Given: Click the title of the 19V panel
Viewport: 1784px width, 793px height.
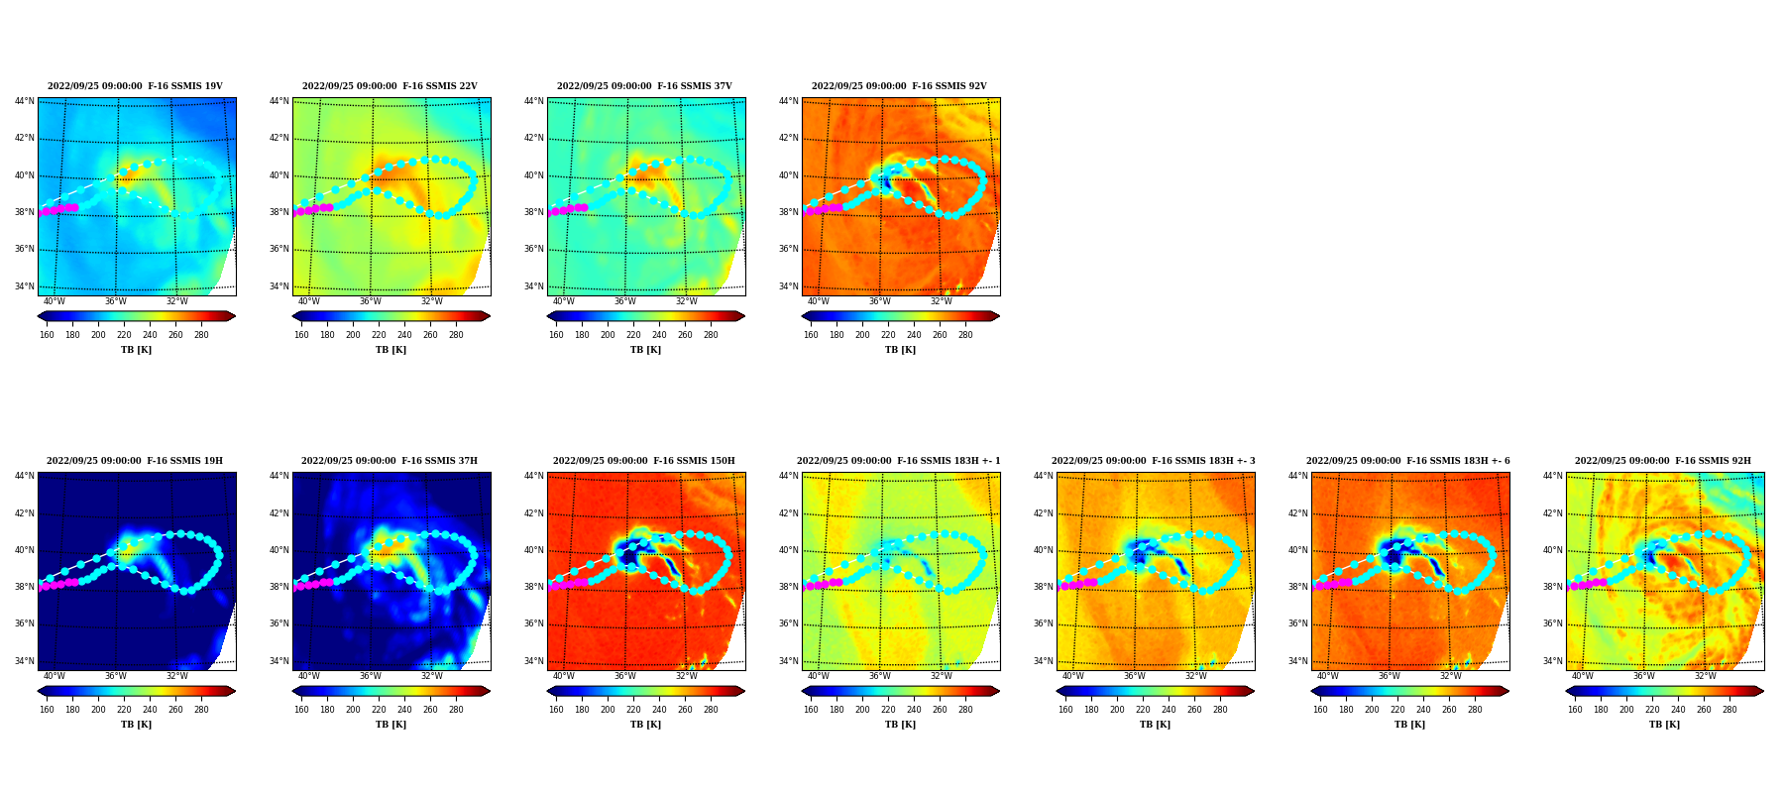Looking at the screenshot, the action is [x=135, y=86].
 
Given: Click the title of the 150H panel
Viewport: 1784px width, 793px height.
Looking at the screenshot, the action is [x=644, y=461].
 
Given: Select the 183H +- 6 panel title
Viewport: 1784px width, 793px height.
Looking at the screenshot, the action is [x=1408, y=461].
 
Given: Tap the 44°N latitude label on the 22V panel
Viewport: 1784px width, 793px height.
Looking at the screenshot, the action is [x=279, y=101].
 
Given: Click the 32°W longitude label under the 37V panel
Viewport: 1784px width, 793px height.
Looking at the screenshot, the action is [x=687, y=301].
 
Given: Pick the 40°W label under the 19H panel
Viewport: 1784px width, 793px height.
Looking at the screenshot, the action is [x=55, y=676].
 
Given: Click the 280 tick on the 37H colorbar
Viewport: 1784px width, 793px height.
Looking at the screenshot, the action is [x=456, y=710].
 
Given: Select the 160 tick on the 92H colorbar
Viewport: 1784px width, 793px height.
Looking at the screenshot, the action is [x=1575, y=710].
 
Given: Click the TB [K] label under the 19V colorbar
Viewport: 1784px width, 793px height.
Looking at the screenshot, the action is [x=137, y=350].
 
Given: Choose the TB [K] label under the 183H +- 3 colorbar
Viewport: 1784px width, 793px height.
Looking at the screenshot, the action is [x=1156, y=725].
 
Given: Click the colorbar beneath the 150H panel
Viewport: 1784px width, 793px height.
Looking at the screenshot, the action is [x=646, y=691].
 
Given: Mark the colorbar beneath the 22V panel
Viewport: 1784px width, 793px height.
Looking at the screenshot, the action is [x=391, y=316].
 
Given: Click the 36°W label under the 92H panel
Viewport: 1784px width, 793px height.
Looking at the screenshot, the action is [x=1644, y=676].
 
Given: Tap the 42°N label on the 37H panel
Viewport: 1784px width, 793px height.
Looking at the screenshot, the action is [x=279, y=513].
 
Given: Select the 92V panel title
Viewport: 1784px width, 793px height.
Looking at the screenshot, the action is [x=899, y=86].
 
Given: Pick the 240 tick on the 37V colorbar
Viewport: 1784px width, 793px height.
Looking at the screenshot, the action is [x=659, y=335].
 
